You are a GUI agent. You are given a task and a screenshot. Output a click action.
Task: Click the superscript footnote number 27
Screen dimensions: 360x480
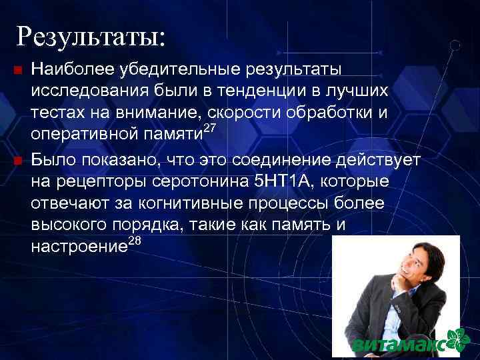[210, 127]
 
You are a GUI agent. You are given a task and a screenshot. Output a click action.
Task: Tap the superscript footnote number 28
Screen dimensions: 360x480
[133, 241]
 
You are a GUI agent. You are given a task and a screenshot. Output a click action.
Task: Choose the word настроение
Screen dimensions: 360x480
[79, 247]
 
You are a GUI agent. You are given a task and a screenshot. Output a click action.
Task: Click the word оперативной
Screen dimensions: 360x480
[82, 133]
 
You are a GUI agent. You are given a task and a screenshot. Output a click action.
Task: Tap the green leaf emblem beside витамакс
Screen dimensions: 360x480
[457, 341]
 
